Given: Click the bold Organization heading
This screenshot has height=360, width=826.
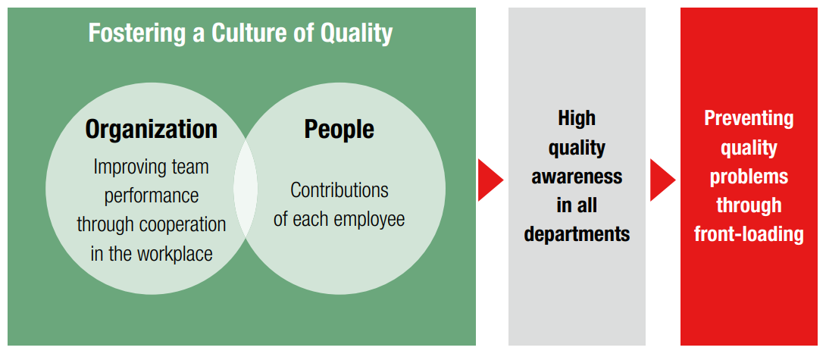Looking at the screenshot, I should coord(151,129).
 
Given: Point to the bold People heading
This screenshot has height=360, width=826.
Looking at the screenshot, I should coord(339,129).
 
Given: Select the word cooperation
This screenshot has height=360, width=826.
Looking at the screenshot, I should coord(186,224).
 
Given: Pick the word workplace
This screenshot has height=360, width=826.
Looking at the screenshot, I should coord(174,253).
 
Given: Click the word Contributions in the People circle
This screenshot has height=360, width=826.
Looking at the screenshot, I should coord(339,189).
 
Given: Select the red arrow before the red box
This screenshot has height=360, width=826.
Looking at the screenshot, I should coord(662,180).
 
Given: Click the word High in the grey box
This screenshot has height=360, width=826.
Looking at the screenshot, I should coord(577,118).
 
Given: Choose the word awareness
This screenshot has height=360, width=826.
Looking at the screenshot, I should coord(577,176).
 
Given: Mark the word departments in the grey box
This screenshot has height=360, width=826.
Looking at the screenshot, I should coord(577,233).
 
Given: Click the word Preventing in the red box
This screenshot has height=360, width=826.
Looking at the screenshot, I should coord(749,118).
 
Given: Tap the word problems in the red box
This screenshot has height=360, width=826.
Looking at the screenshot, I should coord(749,176).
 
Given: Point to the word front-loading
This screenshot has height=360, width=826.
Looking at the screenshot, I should coord(749,233).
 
